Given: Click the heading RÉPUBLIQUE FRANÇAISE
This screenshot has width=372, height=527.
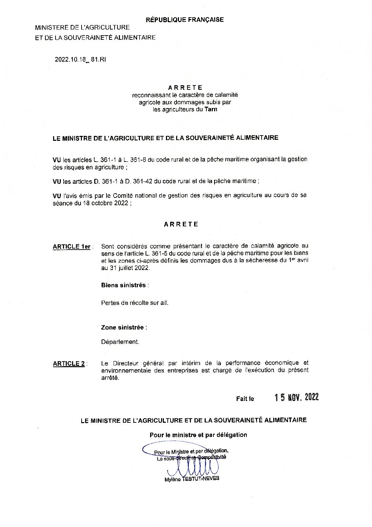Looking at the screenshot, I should pos(185,20).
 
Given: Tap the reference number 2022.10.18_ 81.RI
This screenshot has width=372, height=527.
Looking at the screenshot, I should pos(80,59).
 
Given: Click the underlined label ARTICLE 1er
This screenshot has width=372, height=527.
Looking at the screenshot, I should pos(72,247).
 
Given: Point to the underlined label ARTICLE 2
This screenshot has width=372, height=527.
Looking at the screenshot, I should pos(69,364).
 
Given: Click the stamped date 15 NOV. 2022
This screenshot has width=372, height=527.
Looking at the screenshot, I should pos(297,397).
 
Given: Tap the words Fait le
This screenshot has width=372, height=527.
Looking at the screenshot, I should pos(245,399).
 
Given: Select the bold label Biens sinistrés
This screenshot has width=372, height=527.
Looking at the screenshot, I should pos(123,285).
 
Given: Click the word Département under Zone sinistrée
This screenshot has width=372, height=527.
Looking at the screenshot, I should pos(120,342).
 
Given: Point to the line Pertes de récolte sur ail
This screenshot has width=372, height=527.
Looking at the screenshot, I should pos(135,303).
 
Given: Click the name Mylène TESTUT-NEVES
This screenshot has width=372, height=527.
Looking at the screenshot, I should pos(192,479).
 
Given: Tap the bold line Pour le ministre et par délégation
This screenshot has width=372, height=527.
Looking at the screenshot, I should pos(198,435).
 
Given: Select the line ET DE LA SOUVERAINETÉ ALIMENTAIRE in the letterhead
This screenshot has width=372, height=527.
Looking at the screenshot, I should pos(95,38).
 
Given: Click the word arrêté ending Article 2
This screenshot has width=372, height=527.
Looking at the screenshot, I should pos(110,378).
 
